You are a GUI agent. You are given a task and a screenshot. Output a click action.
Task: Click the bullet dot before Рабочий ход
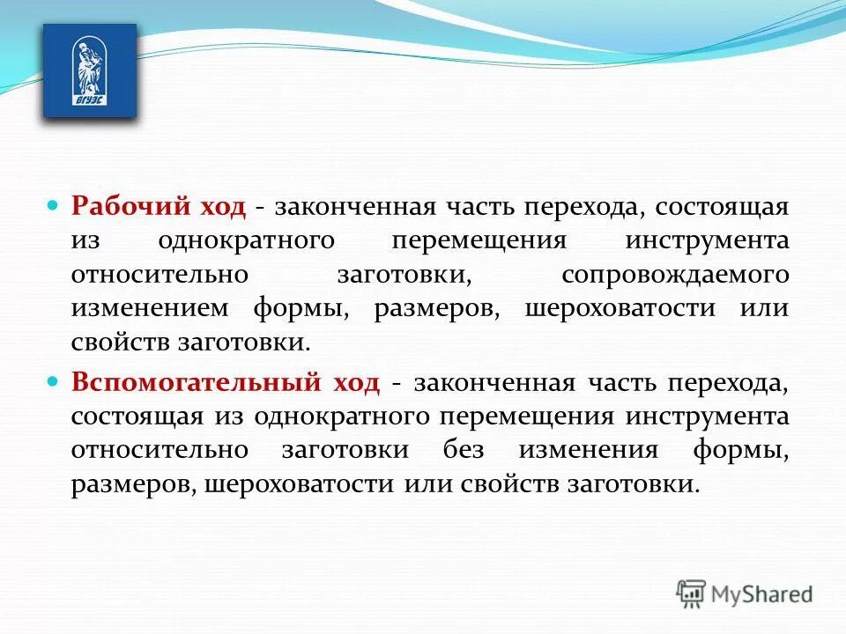click(x=52, y=205)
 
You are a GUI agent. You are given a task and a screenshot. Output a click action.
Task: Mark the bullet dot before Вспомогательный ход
click(x=52, y=382)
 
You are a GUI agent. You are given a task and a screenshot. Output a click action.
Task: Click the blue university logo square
click(x=90, y=70)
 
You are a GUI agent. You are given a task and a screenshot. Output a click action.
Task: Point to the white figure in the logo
click(x=88, y=64)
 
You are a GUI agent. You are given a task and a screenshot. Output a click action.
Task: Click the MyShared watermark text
click(x=762, y=593)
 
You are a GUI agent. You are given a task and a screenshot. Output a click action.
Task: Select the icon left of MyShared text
click(x=691, y=593)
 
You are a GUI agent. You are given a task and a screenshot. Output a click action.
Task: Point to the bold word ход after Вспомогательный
click(x=356, y=383)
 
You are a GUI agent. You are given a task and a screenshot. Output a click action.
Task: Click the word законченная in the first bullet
click(x=356, y=207)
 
